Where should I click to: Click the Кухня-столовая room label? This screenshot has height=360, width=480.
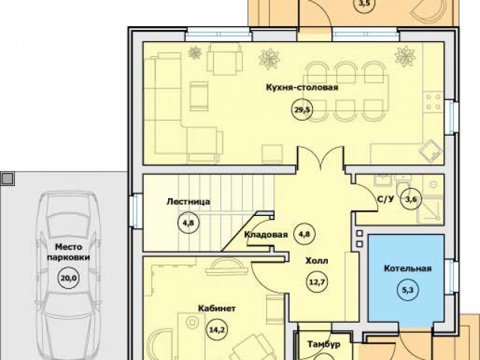click(x=302, y=88)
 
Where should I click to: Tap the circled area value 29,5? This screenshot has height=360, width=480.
click(x=302, y=110)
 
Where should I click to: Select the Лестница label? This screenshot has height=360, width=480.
click(x=188, y=202)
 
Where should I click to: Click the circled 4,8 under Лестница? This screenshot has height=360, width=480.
click(x=188, y=223)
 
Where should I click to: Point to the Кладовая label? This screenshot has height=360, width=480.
click(x=265, y=235)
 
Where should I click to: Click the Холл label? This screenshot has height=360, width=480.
click(x=316, y=261)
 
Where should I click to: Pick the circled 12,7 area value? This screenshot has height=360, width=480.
click(x=316, y=282)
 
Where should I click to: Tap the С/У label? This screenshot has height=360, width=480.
click(x=385, y=199)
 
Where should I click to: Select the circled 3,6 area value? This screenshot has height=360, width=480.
click(x=411, y=199)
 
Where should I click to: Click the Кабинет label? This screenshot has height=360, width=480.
click(x=217, y=308)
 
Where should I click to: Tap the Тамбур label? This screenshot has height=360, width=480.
click(x=324, y=344)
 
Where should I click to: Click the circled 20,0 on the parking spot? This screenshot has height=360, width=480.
click(x=68, y=278)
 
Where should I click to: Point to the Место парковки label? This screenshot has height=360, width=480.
click(x=68, y=252)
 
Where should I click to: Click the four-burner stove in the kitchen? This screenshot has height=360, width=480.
click(x=433, y=102)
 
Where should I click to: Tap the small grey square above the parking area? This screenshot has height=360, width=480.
click(x=7, y=178)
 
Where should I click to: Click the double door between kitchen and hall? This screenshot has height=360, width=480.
click(x=320, y=158)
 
